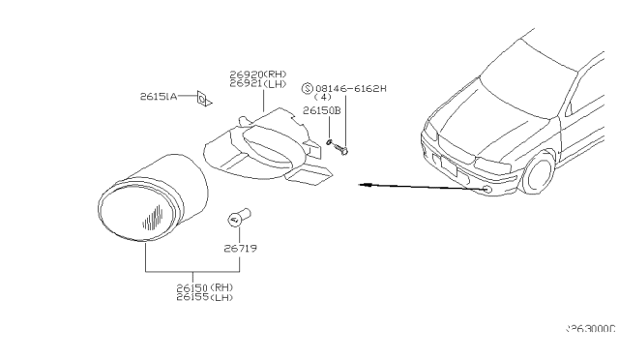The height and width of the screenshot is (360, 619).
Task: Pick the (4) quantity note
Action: pyautogui.click(x=323, y=98)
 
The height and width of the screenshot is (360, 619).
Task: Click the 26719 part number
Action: pyautogui.click(x=242, y=248)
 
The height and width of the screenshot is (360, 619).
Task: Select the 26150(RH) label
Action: pyautogui.click(x=204, y=286)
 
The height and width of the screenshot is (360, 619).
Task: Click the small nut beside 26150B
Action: pyautogui.click(x=330, y=143)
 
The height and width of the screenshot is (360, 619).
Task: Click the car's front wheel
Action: pyautogui.click(x=538, y=174)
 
